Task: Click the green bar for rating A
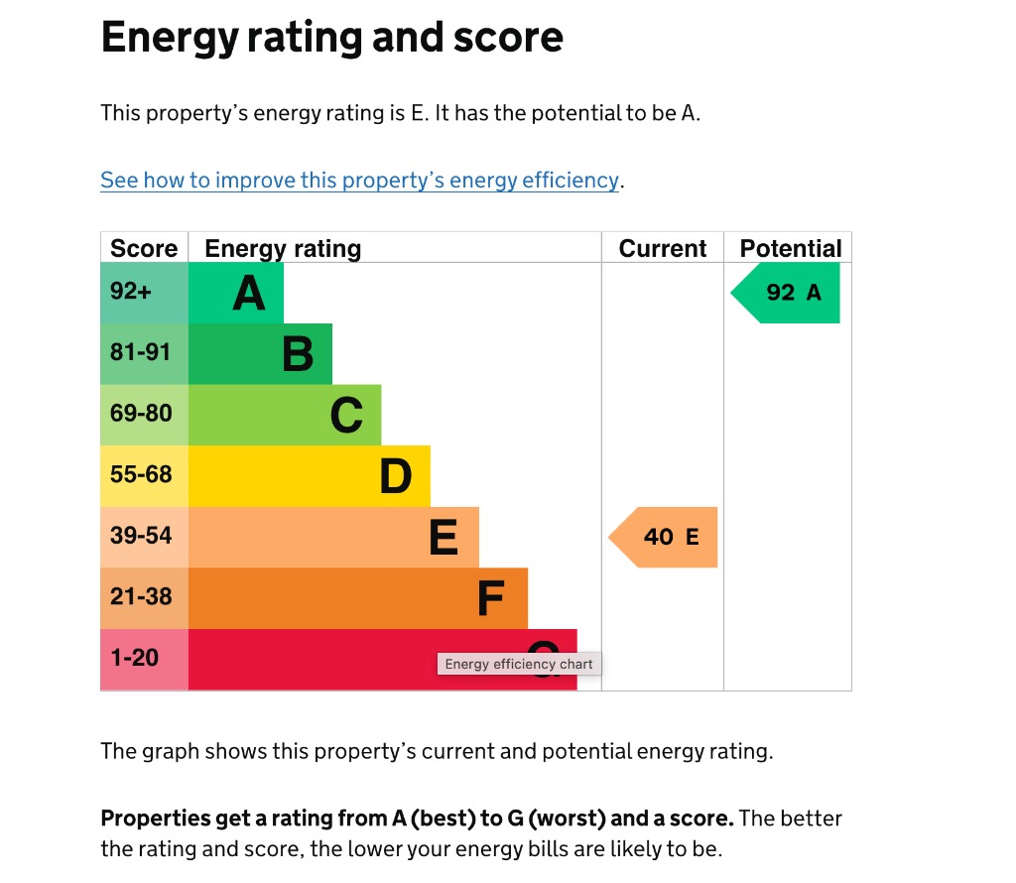(x=236, y=293)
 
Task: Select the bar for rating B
(x=260, y=354)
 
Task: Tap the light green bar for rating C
(x=285, y=415)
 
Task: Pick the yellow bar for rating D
(x=309, y=476)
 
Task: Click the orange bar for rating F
(x=357, y=598)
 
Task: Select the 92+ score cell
(x=144, y=293)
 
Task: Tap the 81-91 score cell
(x=144, y=353)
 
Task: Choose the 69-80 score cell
(x=144, y=414)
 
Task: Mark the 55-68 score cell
(x=144, y=475)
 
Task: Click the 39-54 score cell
(x=144, y=537)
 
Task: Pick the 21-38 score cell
(x=144, y=597)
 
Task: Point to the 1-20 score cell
(x=144, y=659)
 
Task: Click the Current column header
(x=663, y=248)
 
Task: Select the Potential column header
(x=790, y=248)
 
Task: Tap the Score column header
(x=144, y=248)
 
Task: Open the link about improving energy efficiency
(x=359, y=181)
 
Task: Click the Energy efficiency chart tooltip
(x=519, y=665)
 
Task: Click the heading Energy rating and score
(x=332, y=38)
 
